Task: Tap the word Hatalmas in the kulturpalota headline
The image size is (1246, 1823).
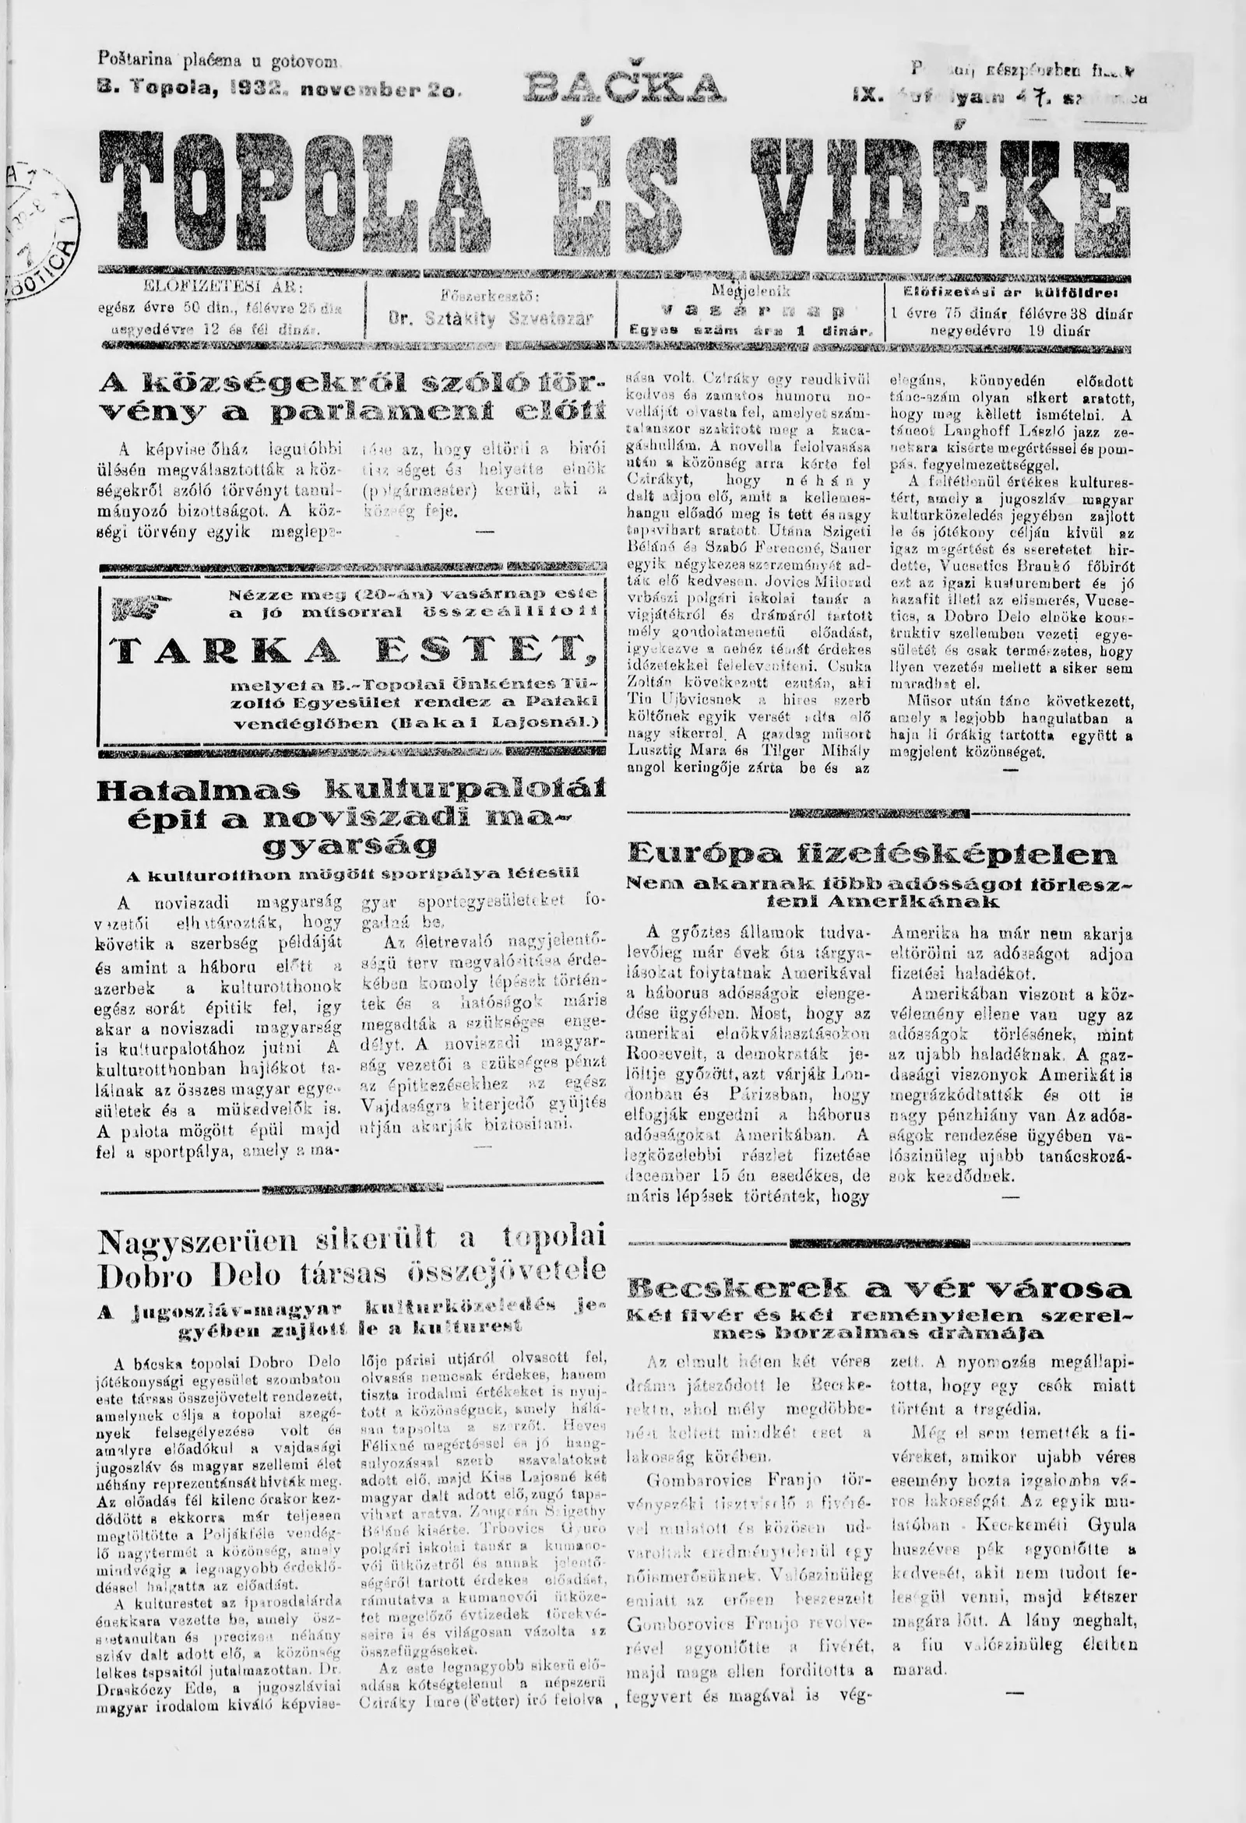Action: point(199,791)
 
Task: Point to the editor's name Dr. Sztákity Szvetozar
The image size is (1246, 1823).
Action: point(491,319)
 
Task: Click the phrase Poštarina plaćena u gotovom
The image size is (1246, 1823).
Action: point(219,59)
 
